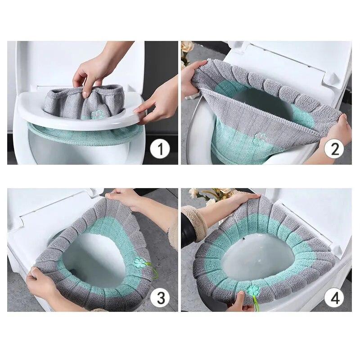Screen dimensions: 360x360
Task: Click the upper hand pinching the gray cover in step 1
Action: pos(92,70)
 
